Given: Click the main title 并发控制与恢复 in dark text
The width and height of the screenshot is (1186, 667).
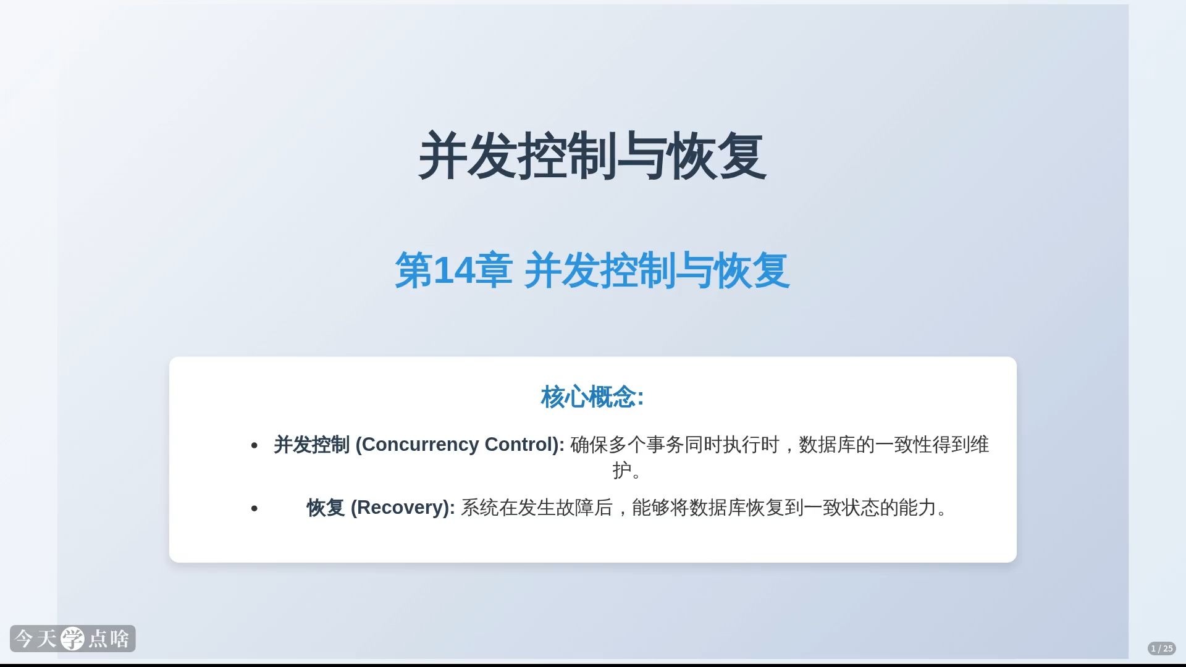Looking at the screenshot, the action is tap(592, 156).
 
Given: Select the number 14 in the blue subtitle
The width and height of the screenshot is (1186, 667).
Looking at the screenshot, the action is tap(455, 270).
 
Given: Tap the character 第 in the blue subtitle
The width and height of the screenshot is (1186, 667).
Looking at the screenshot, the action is tap(414, 270).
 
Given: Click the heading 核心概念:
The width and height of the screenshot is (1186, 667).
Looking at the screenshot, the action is tap(592, 396).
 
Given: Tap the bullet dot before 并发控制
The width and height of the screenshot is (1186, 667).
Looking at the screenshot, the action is tap(254, 445).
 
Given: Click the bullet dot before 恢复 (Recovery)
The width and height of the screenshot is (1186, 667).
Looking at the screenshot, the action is tap(254, 508).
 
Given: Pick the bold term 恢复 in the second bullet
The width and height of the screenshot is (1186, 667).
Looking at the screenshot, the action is tap(326, 508).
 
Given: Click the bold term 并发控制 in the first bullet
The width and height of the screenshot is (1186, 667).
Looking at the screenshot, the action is tap(311, 445).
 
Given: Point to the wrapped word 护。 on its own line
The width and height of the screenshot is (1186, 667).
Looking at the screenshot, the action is tap(627, 471).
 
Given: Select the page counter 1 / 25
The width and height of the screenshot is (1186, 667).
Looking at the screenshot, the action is tap(1162, 648).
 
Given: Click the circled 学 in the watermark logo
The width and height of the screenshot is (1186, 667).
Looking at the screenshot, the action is tap(73, 639).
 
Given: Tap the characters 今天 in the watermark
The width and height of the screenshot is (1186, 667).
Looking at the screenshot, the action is tap(36, 639).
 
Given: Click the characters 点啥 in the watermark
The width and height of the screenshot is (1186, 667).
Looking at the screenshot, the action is tap(109, 639).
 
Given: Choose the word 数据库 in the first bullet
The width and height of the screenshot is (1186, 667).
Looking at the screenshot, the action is tap(827, 445).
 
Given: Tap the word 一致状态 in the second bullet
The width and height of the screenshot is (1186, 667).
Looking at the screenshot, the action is tap(841, 508).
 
